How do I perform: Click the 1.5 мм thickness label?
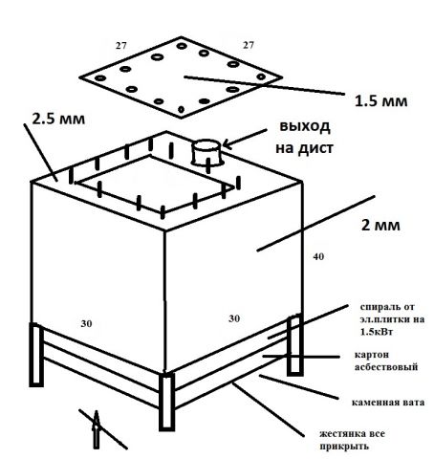tap(381, 101)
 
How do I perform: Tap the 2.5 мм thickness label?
tap(58, 119)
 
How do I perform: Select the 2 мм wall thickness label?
tap(380, 226)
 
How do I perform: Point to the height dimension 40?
tap(318, 256)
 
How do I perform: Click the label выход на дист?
tap(304, 137)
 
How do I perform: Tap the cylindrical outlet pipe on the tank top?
tap(206, 152)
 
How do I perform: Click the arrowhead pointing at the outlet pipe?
tap(227, 143)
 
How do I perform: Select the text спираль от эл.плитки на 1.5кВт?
tap(392, 319)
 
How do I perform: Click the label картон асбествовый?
tap(386, 361)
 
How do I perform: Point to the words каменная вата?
tap(388, 403)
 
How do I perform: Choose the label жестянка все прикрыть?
tap(352, 440)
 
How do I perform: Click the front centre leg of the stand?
tap(166, 403)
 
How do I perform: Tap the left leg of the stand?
tap(36, 355)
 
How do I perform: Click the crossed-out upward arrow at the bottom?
tap(97, 429)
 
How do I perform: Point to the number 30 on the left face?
tap(86, 323)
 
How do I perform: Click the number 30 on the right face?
tap(234, 318)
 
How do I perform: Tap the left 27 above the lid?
tap(120, 46)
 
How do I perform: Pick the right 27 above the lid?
tap(249, 45)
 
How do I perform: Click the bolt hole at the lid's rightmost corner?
tap(261, 76)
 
